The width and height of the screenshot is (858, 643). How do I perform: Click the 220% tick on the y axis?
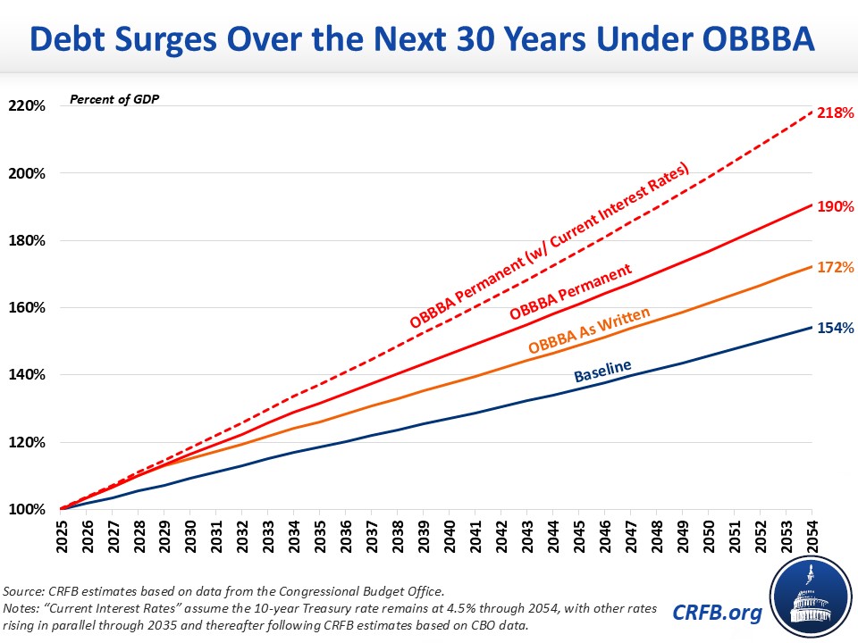tap(27, 105)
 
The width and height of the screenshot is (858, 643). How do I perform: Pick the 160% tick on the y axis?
tap(27, 307)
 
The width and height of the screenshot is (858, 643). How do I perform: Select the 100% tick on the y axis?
tap(27, 509)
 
